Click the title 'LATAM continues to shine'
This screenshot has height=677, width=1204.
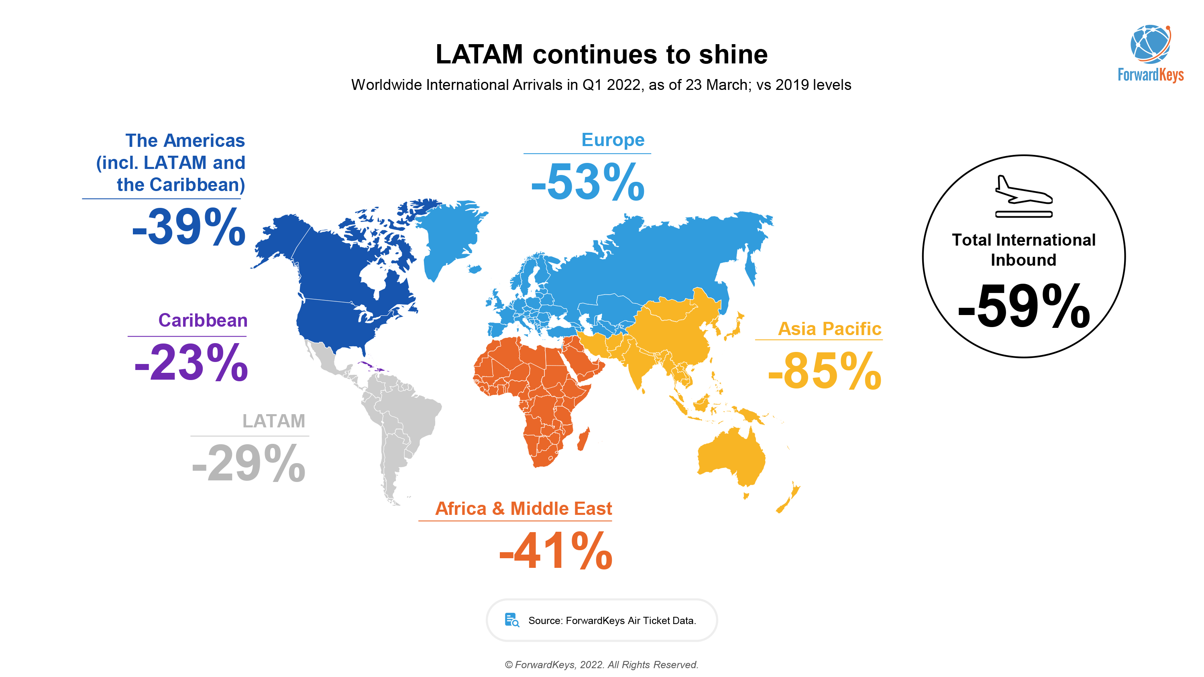tap(601, 54)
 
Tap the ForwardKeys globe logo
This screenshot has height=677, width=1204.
tap(1150, 45)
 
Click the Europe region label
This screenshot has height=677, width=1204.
tap(612, 140)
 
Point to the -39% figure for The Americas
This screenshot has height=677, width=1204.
tap(188, 227)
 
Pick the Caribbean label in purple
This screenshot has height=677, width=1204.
tap(202, 321)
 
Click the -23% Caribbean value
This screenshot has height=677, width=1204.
tap(191, 362)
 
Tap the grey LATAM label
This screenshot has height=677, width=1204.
tap(273, 421)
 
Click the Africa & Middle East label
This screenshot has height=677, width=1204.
tap(523, 508)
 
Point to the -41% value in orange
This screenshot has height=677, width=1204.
tap(556, 551)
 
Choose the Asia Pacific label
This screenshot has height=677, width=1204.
tap(829, 329)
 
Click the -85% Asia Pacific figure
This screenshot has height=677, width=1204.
tap(825, 372)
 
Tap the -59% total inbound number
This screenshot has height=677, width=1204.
tap(1024, 307)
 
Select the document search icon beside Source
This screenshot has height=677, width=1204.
tap(512, 620)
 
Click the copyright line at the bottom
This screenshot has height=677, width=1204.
tap(601, 665)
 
